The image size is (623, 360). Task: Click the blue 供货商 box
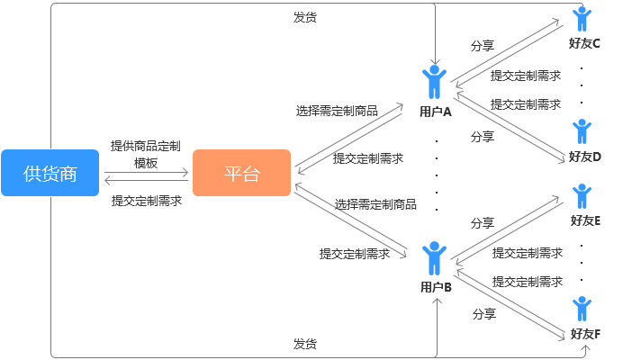50,173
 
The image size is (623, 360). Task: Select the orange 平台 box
241,173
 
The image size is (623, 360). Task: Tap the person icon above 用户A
435,81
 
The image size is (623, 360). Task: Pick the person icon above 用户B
436,257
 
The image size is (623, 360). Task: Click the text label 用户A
436,112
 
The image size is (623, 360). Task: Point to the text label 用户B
436,287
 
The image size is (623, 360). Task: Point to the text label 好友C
585,43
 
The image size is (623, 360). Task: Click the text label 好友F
585,334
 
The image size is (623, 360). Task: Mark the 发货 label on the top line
304,16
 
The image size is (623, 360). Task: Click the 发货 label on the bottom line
304,344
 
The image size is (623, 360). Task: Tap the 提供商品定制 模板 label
146,154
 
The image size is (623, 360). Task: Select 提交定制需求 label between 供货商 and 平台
146,201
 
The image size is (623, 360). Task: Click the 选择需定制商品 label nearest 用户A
337,112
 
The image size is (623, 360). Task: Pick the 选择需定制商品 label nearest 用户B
375,204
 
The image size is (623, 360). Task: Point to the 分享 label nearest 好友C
483,45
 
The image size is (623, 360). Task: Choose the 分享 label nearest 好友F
484,314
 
